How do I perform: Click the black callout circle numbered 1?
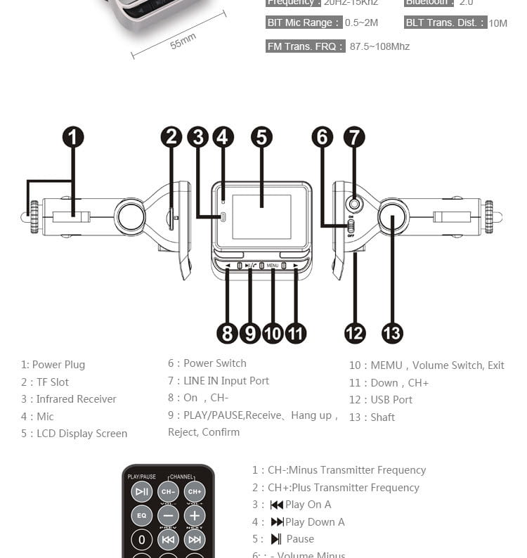[73, 137]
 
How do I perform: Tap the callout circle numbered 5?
[261, 137]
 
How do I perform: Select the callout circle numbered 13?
[392, 332]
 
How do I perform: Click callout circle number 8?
[227, 332]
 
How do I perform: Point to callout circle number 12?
[355, 332]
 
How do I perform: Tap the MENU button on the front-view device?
[273, 266]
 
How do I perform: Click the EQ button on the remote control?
[142, 515]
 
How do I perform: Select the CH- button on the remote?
[168, 491]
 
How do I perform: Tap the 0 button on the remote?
[142, 540]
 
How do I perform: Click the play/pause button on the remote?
[142, 491]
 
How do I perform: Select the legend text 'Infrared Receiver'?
[76, 399]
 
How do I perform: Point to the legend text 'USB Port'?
[391, 400]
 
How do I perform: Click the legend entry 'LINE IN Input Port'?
[226, 381]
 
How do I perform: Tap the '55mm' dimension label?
[183, 41]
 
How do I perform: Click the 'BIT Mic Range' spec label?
[303, 22]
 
